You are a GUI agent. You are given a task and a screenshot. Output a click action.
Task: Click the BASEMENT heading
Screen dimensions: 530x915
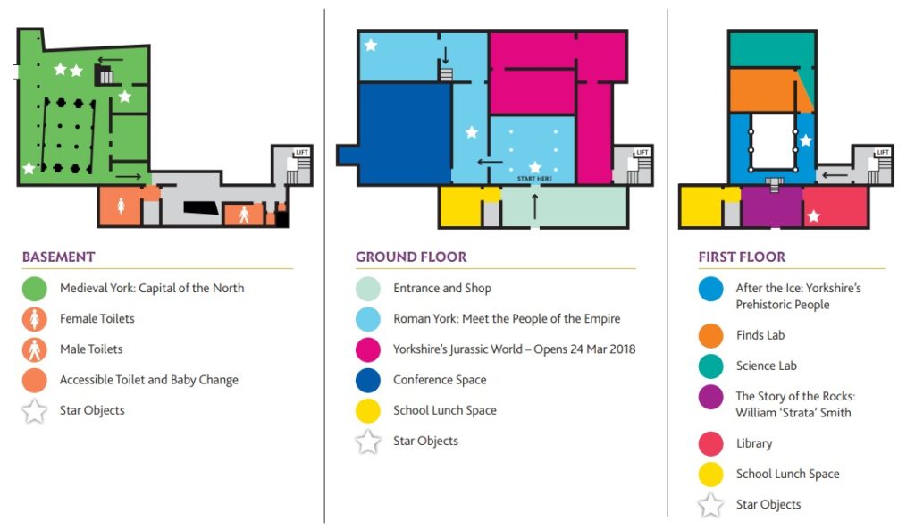[x=58, y=257]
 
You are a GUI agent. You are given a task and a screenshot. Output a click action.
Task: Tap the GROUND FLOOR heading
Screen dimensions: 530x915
[x=411, y=257]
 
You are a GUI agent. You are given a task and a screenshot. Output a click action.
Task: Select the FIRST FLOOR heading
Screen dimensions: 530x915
[x=742, y=257]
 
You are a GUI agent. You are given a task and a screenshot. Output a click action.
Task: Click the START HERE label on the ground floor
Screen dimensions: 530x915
[x=534, y=179]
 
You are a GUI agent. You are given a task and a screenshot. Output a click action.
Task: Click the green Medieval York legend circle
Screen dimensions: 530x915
[x=35, y=289]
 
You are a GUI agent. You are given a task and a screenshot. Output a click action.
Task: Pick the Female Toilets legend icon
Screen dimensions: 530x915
[x=35, y=319]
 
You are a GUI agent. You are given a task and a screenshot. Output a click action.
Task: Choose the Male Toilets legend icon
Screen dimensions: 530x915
[x=35, y=349]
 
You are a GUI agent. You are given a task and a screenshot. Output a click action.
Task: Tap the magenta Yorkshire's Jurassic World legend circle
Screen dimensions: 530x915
[x=368, y=349]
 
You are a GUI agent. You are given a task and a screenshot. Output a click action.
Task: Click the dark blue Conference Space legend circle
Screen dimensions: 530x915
[x=368, y=380]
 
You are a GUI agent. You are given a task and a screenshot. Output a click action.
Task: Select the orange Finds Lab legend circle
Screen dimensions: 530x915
[x=711, y=335]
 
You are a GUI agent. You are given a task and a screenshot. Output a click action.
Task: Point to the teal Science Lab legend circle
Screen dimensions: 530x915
[x=711, y=366]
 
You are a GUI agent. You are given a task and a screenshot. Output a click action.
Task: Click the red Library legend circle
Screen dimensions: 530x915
[x=711, y=443]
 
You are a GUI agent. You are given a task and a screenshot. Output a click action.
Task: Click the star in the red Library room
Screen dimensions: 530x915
[x=813, y=216]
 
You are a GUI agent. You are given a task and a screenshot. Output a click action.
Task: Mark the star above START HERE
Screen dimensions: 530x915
[x=534, y=166]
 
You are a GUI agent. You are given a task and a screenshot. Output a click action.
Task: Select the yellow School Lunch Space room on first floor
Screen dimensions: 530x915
[x=701, y=206]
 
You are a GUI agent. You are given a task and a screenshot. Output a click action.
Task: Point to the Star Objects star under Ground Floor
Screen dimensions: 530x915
[x=368, y=442]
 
